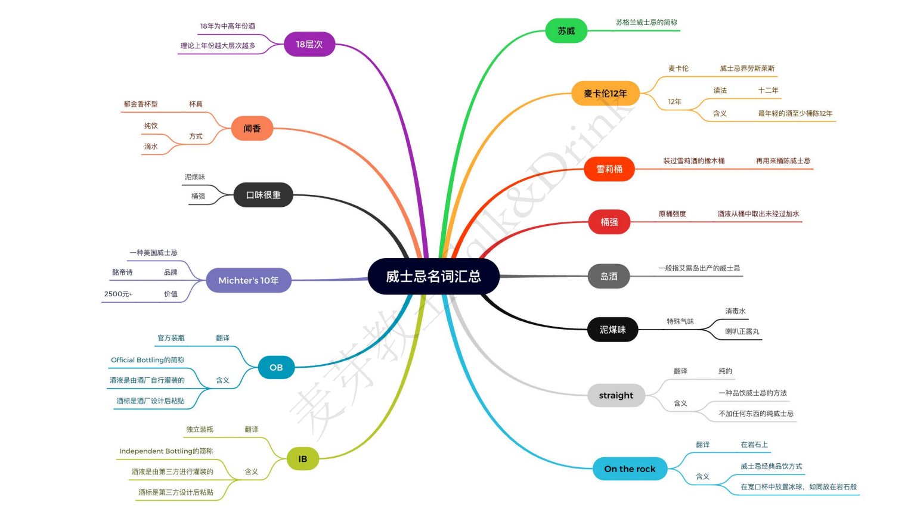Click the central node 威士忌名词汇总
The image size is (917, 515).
click(433, 276)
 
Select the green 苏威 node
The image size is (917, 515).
click(566, 31)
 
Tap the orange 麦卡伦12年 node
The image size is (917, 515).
click(605, 93)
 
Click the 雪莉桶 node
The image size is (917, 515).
click(609, 169)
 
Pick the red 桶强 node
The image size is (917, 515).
click(609, 222)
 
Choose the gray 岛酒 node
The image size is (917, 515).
click(609, 276)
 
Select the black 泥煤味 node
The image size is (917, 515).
click(612, 330)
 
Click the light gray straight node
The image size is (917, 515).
click(616, 395)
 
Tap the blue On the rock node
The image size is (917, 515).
click(630, 469)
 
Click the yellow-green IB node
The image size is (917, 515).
click(302, 459)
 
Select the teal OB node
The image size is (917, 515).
click(276, 367)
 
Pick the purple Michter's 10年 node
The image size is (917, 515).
click(248, 280)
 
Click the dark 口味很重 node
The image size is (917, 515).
click(263, 195)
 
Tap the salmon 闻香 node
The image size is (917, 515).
click(252, 128)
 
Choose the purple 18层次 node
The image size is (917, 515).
click(309, 44)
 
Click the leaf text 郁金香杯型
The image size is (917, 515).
click(141, 104)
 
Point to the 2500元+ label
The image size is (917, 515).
click(118, 294)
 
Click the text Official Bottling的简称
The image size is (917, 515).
click(147, 360)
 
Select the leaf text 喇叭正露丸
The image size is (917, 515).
click(742, 331)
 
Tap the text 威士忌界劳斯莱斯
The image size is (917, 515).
click(746, 69)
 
